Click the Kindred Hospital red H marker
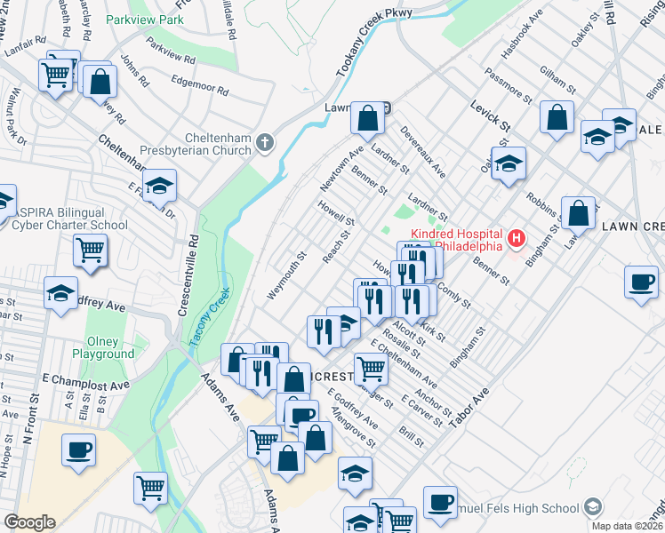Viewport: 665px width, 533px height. coord(516,239)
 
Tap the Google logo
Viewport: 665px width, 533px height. coord(29,522)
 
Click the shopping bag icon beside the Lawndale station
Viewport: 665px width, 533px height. coord(366,117)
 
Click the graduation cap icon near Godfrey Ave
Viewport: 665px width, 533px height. coord(60,294)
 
